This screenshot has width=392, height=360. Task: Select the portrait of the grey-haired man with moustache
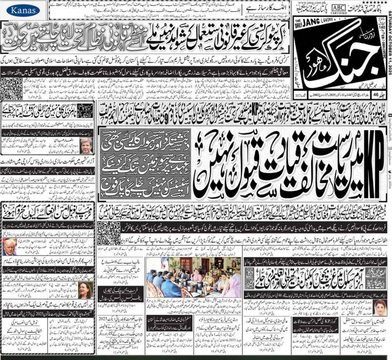coord(86,145)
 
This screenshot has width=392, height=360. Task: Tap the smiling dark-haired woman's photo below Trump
coord(86,290)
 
